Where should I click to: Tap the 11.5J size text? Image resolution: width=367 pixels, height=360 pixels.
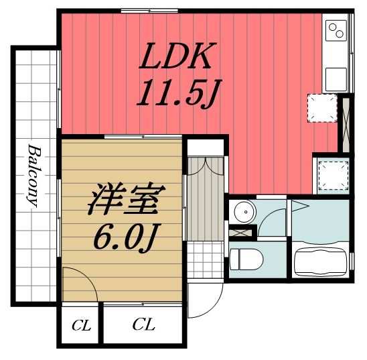176,95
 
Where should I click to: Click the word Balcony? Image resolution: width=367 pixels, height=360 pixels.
33,174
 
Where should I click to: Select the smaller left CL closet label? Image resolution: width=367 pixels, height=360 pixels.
81,326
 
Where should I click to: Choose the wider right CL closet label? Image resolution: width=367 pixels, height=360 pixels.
143,326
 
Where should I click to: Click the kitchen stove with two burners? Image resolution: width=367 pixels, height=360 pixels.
334,31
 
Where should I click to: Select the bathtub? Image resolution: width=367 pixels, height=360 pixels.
320,259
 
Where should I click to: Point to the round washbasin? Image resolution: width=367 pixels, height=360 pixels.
244,213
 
